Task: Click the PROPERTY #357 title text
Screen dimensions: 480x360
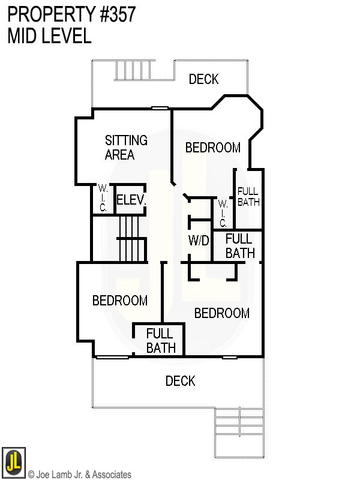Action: click(71, 14)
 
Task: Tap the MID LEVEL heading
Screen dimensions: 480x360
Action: click(49, 36)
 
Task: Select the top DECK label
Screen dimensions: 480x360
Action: click(203, 79)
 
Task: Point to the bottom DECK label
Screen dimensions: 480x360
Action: click(180, 381)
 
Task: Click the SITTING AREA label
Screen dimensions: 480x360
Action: click(126, 148)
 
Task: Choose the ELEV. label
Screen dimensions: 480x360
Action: click(131, 200)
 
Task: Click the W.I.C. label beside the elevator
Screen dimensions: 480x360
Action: click(103, 199)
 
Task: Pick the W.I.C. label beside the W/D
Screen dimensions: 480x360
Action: click(223, 214)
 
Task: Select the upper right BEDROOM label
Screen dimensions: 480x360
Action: click(212, 148)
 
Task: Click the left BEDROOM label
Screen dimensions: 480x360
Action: click(120, 301)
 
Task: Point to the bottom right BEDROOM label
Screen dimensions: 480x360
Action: click(221, 313)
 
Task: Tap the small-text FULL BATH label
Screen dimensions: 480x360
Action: click(248, 197)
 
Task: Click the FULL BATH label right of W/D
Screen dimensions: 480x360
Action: click(239, 246)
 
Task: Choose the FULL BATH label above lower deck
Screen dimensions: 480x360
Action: click(160, 341)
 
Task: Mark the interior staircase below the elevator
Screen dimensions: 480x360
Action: click(131, 239)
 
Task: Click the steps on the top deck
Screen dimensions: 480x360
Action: click(132, 70)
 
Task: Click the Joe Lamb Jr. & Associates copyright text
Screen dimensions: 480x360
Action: click(80, 475)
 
